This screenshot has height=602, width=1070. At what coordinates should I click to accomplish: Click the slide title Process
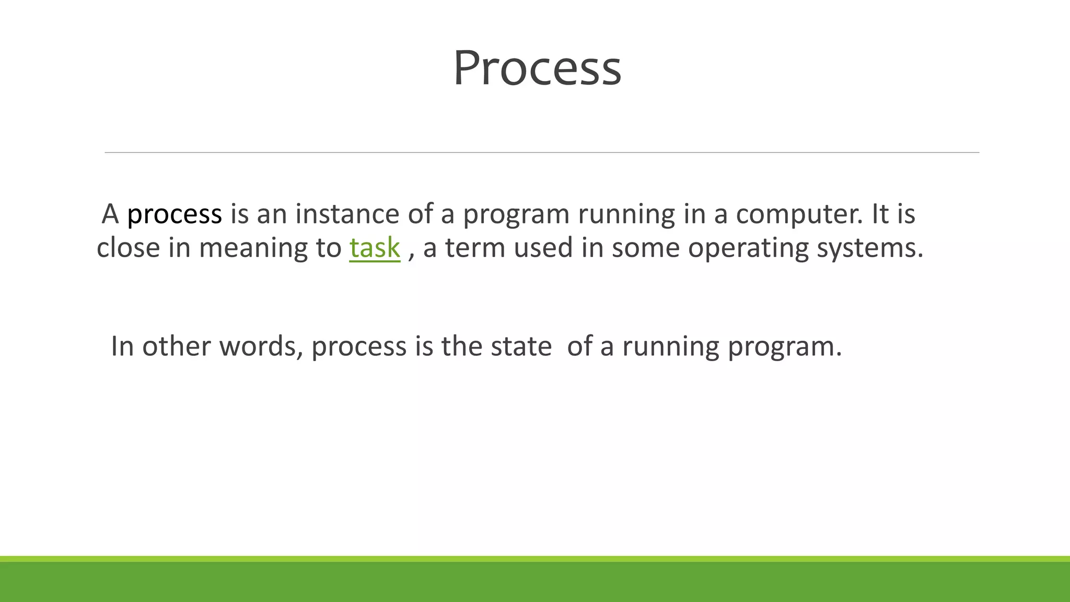[x=537, y=68]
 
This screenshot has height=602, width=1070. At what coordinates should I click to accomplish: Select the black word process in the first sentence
[x=175, y=214]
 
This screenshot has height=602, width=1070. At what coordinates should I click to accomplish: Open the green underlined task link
[x=375, y=248]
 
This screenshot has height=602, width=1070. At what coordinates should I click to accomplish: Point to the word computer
[x=799, y=214]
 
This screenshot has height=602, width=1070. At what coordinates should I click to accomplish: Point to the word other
[x=176, y=346]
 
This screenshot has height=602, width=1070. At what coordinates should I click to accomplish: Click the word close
[x=128, y=248]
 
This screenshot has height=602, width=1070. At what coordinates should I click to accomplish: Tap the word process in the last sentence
[x=359, y=346]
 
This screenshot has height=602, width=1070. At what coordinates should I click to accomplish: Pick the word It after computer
[x=879, y=214]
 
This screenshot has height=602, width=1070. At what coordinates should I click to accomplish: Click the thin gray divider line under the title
[x=542, y=153]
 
